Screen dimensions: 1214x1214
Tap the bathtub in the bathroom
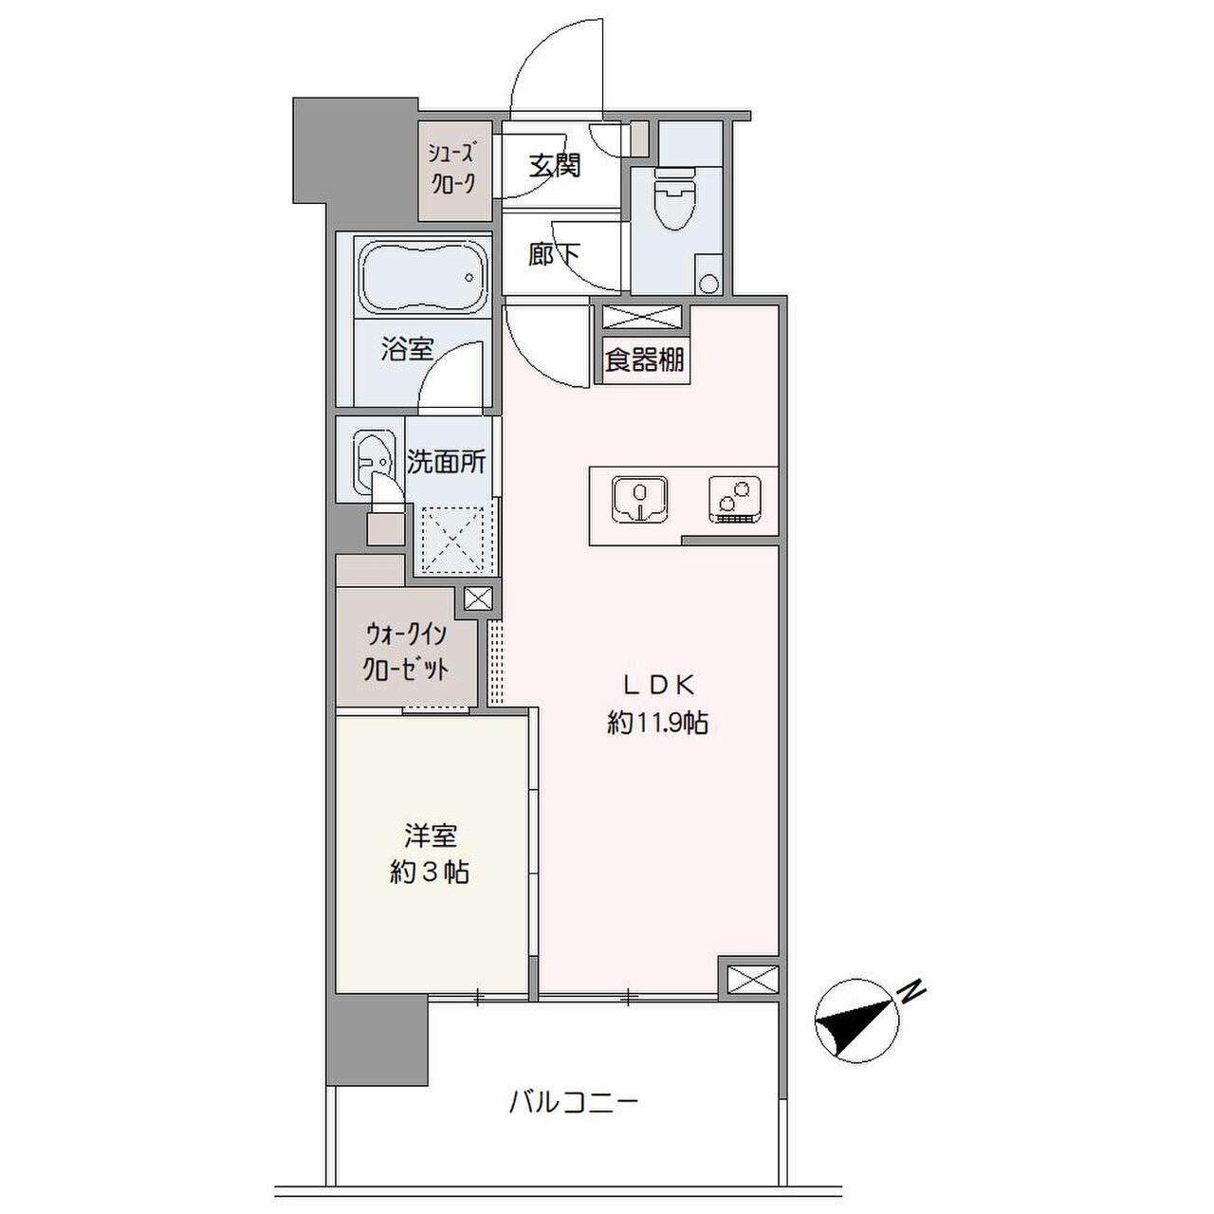[423, 276]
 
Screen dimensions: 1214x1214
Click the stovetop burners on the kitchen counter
[735, 500]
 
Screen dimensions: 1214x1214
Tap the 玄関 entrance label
[554, 166]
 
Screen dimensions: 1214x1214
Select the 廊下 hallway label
[554, 256]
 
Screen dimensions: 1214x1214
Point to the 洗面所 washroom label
[446, 462]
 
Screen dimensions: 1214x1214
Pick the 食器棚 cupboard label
[644, 360]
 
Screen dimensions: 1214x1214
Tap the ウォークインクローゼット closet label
[406, 656]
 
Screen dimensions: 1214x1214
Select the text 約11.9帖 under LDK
[657, 724]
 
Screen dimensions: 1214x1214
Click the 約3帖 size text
[429, 873]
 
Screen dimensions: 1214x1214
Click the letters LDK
[659, 686]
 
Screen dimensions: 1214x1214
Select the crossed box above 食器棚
[643, 317]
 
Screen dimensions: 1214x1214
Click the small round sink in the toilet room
[708, 283]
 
